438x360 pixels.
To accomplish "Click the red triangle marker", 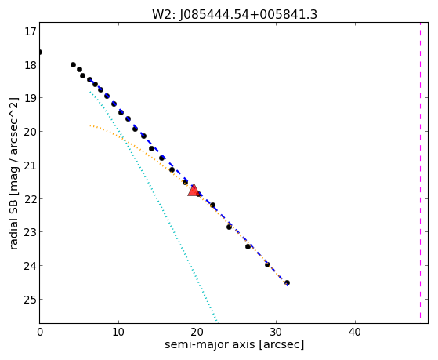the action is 194,190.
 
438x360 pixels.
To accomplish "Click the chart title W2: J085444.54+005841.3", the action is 234,15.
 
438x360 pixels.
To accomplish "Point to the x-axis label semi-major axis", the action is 209,344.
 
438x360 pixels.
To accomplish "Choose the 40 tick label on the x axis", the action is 355,332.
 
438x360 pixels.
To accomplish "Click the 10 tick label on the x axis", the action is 119,332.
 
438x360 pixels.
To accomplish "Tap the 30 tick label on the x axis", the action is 277,332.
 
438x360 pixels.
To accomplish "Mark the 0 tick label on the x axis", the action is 40,332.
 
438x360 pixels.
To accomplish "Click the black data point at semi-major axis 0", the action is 40,53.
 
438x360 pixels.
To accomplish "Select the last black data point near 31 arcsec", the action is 287,283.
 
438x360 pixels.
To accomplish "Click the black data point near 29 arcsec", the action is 267,264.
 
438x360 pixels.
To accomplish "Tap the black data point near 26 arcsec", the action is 248,246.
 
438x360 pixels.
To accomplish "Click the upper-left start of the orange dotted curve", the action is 90,125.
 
